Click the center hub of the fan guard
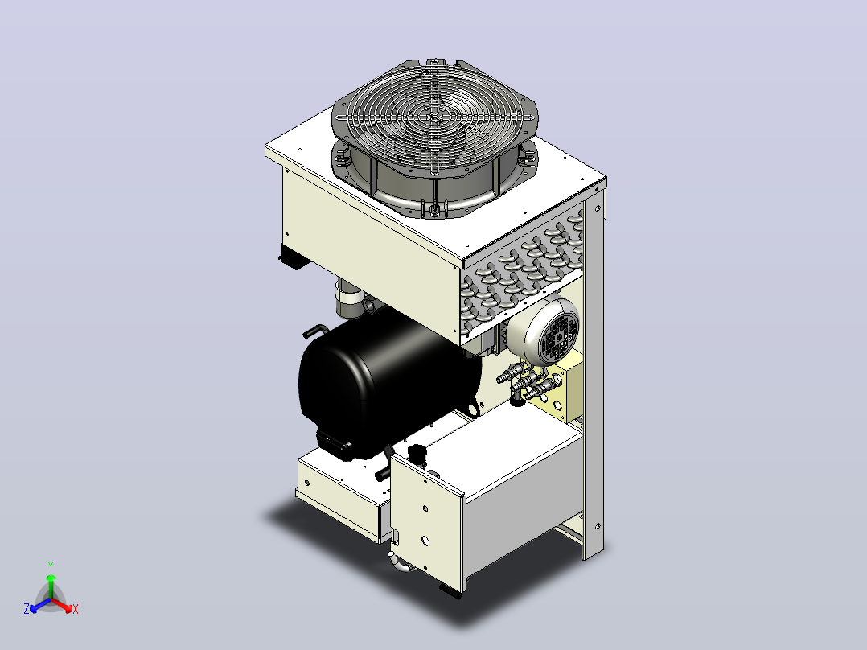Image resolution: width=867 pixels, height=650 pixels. click(x=435, y=117)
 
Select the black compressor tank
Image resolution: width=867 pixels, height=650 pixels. click(x=387, y=381)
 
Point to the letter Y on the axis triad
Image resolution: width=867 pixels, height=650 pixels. click(x=51, y=566)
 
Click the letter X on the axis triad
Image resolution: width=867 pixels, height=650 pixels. click(x=76, y=609)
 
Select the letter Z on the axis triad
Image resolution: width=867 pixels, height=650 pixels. click(x=27, y=608)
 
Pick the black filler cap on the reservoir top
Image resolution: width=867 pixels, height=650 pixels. click(x=417, y=453)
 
